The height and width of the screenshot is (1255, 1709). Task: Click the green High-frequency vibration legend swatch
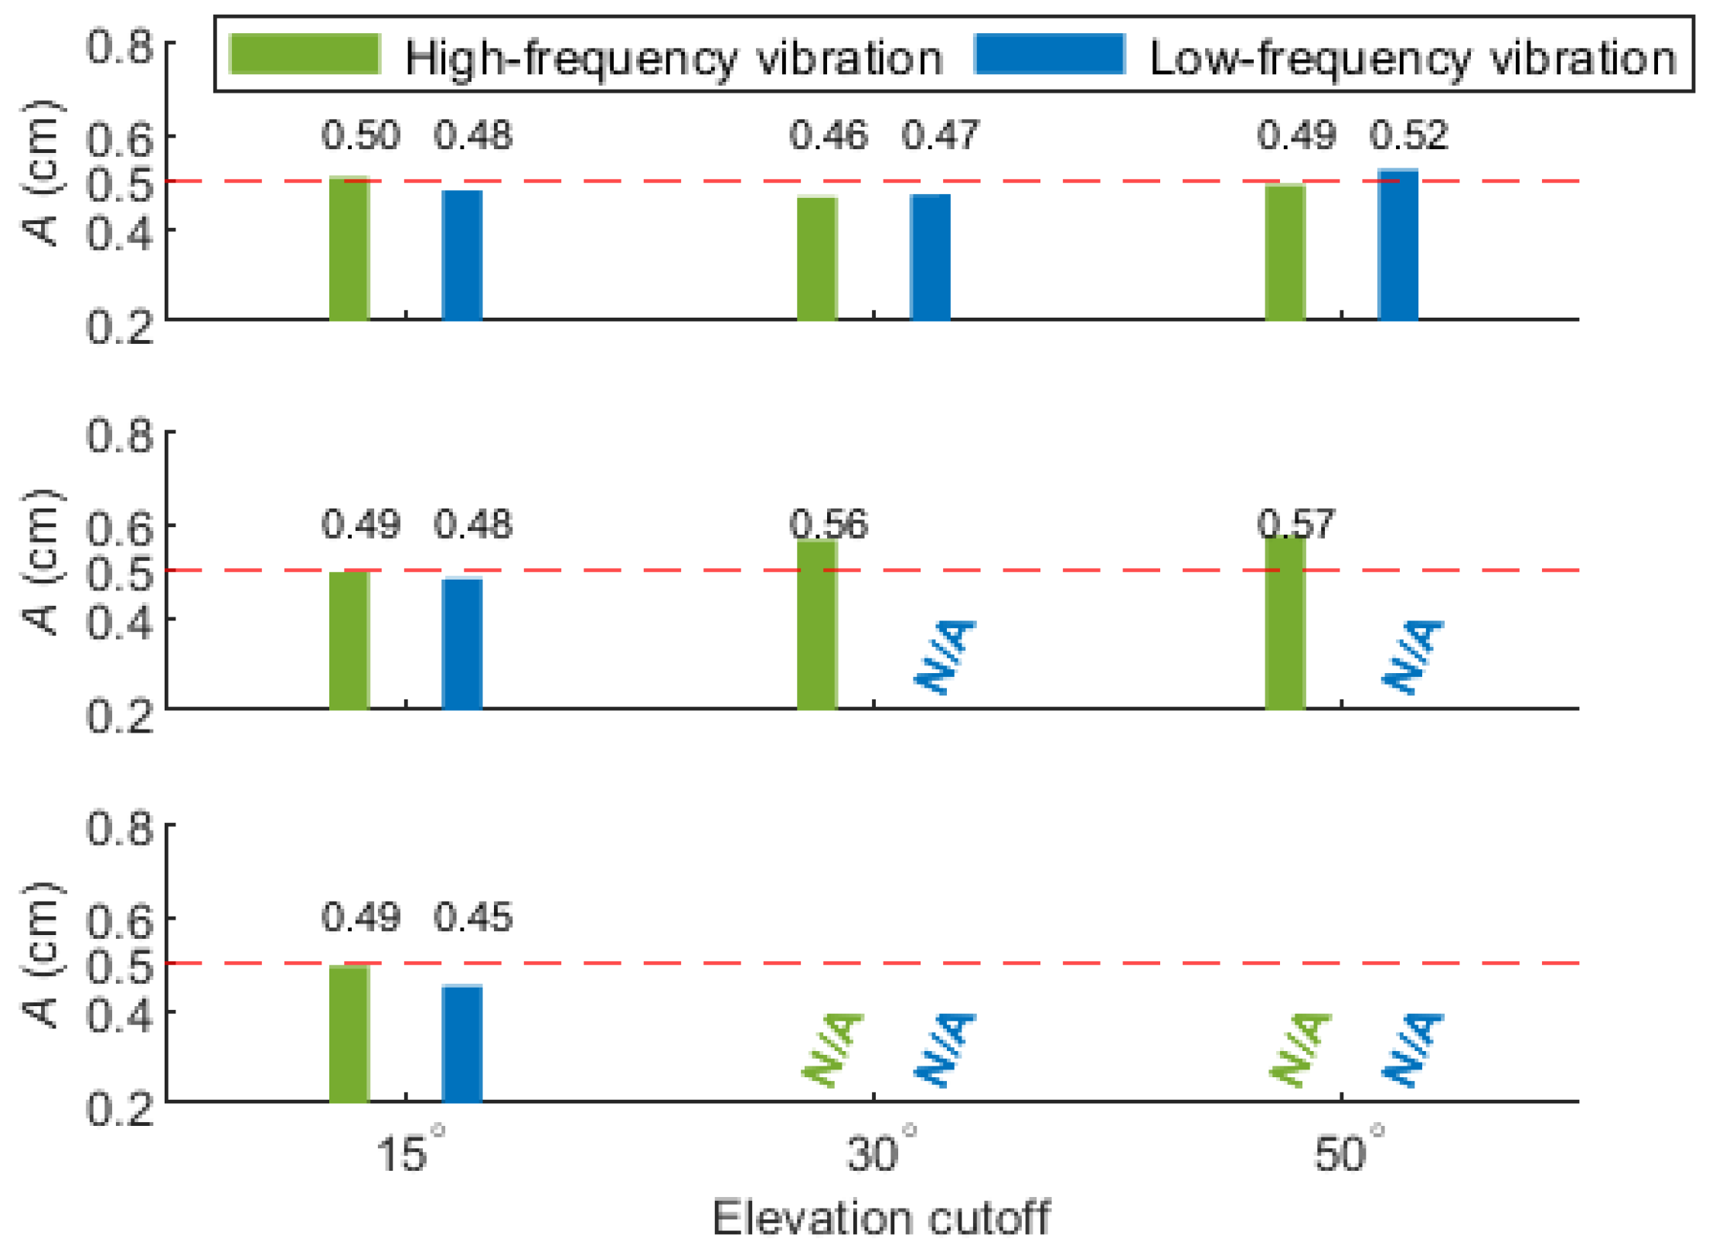pyautogui.click(x=305, y=54)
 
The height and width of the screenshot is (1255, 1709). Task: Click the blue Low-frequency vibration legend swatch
pyautogui.click(x=1050, y=54)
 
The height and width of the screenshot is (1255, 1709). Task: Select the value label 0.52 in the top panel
pyautogui.click(x=1408, y=135)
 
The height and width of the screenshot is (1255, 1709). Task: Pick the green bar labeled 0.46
pyautogui.click(x=817, y=258)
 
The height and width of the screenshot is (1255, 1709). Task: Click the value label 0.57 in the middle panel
pyautogui.click(x=1295, y=525)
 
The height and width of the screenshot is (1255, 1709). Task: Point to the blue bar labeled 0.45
pyautogui.click(x=462, y=1043)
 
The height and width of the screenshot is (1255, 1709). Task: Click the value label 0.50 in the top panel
pyautogui.click(x=361, y=135)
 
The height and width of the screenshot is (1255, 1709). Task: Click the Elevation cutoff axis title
pyautogui.click(x=881, y=1219)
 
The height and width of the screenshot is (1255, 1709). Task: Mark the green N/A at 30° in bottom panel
pyautogui.click(x=832, y=1049)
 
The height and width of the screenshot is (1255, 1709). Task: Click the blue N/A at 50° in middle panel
pyautogui.click(x=1411, y=657)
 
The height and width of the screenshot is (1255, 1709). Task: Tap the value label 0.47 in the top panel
pyautogui.click(x=941, y=135)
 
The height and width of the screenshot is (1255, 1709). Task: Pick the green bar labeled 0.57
pyautogui.click(x=1285, y=623)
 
